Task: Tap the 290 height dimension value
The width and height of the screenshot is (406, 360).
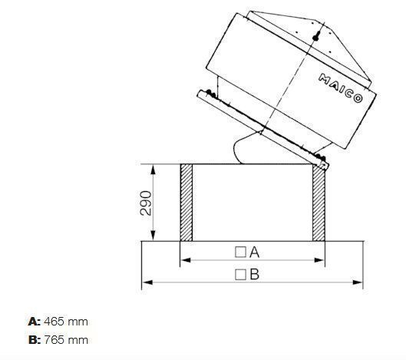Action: coord(147,202)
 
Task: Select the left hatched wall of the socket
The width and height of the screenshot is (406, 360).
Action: coord(186,202)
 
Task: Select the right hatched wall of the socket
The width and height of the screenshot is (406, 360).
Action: coord(319,202)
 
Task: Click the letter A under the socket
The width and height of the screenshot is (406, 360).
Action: coord(256,251)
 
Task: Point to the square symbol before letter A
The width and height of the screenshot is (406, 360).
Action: coord(240,251)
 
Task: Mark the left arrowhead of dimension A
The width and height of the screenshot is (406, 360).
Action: coord(183,260)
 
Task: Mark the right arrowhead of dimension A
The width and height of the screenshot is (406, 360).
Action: coord(321,260)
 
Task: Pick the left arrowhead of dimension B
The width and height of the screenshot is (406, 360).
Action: coord(146,282)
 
